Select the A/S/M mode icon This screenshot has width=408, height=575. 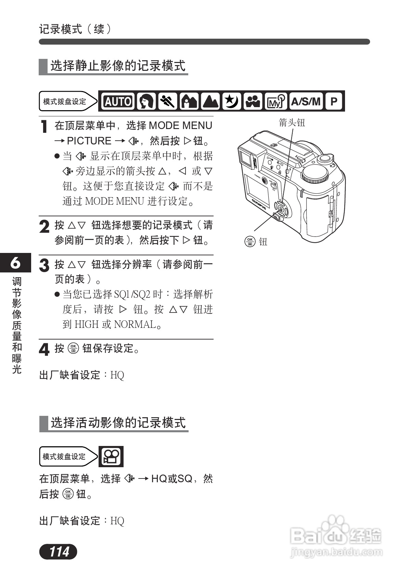click(x=306, y=101)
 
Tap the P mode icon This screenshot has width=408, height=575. click(x=334, y=101)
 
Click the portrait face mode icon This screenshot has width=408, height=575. click(x=146, y=101)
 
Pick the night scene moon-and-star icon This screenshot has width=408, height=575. click(x=232, y=101)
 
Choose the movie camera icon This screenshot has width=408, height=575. click(x=111, y=457)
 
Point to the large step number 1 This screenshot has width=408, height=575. click(x=44, y=127)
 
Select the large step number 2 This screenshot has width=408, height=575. click(x=44, y=227)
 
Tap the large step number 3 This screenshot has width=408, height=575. click(x=44, y=266)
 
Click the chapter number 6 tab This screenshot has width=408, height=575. click(x=15, y=263)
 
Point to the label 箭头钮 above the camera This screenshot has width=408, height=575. click(x=292, y=123)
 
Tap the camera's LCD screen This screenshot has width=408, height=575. click(x=256, y=192)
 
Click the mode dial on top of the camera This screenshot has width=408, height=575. click(x=315, y=175)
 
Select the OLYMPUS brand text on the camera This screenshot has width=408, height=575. click(x=259, y=204)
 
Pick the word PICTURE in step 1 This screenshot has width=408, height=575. click(x=89, y=141)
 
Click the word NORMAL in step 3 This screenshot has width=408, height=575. click(x=135, y=324)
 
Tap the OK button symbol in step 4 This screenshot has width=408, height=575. click(x=73, y=348)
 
